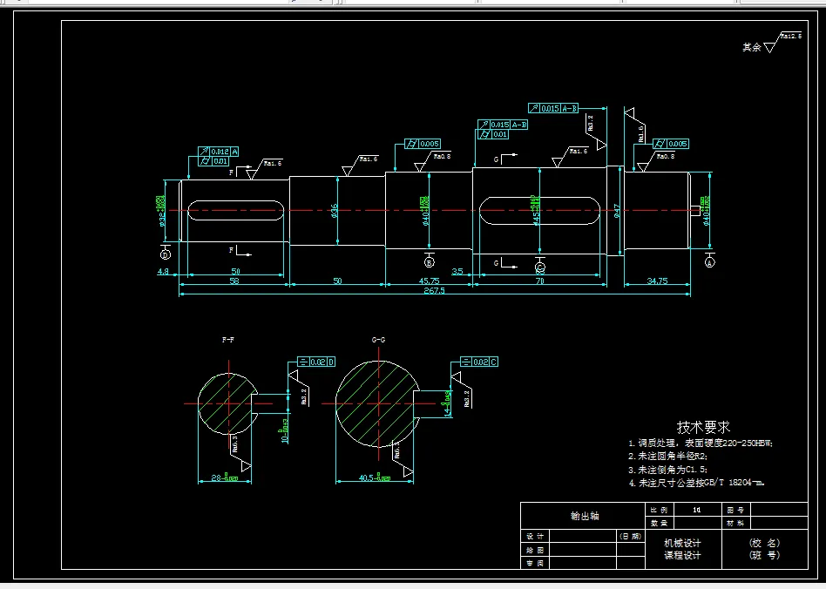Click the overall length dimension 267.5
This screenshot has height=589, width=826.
click(434, 291)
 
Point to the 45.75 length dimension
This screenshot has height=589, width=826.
click(429, 281)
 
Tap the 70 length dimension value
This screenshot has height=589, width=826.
click(539, 281)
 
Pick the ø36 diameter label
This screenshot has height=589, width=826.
click(335, 211)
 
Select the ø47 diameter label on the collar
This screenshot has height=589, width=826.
click(617, 211)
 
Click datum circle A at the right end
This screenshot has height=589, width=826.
click(709, 261)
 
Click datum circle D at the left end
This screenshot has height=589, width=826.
click(166, 254)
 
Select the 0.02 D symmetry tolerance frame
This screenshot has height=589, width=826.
click(316, 362)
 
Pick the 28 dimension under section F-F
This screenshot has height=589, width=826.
click(224, 477)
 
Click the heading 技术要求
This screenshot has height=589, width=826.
click(703, 427)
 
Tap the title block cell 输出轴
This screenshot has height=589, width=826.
click(584, 516)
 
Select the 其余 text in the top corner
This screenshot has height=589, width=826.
click(751, 47)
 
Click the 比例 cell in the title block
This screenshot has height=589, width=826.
click(658, 509)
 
